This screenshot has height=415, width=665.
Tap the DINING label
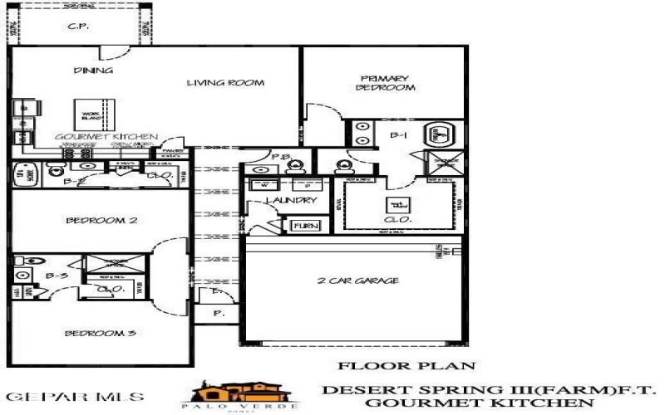pos(93,71)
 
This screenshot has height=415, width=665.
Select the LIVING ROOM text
pos(225,82)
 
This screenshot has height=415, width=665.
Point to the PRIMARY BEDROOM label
pos(385,81)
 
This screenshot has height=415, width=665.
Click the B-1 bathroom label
pos(397,134)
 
